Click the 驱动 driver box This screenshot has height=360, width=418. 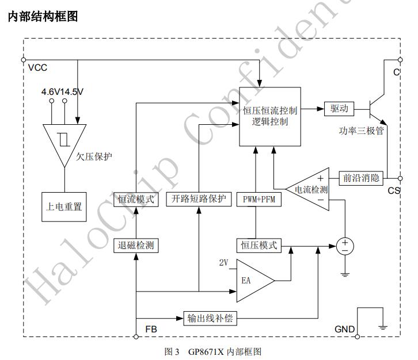click(339, 108)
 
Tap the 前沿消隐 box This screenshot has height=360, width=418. click(360, 178)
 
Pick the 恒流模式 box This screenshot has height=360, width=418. click(135, 199)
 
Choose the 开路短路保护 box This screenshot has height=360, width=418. click(198, 199)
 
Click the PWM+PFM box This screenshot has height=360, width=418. click(255, 199)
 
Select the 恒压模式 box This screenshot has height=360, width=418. click(257, 246)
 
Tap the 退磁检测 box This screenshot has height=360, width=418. click(135, 246)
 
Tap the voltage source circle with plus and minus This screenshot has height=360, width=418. click(345, 246)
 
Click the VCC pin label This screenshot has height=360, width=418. click(37, 67)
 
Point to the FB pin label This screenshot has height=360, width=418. click(151, 330)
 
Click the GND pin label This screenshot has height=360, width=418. click(344, 330)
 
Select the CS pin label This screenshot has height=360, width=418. click(394, 190)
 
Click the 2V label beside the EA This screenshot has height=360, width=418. click(225, 263)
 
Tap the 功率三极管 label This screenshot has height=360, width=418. click(362, 131)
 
